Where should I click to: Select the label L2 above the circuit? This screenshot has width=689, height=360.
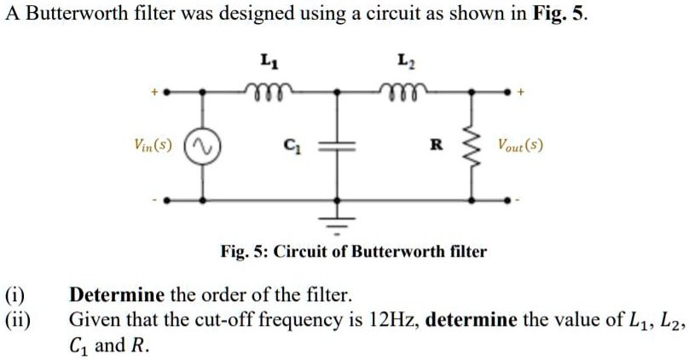403,61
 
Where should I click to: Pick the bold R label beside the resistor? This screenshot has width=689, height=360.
435,146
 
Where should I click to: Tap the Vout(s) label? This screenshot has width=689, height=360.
521,146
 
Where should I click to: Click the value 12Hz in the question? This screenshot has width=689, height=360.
392,321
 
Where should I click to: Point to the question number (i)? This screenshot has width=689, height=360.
14,296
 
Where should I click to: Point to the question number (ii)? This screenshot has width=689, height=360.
17,321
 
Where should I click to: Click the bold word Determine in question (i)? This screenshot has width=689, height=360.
116,296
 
